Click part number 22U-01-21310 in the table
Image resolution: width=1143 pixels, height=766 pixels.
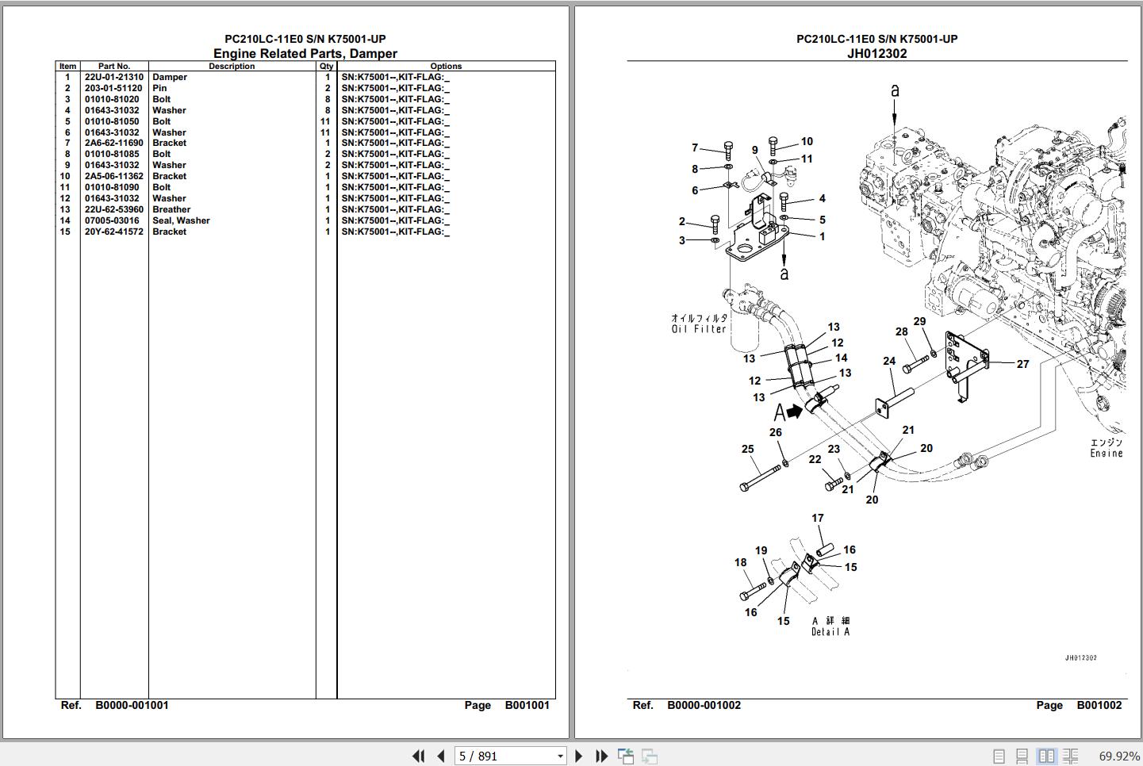point(113,77)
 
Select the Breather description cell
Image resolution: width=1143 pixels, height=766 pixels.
point(171,209)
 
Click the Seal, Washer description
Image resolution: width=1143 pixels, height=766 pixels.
point(181,220)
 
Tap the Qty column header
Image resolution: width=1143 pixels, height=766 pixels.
point(326,67)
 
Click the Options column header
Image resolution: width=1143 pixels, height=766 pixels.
point(446,67)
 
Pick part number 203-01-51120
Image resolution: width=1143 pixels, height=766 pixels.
point(113,88)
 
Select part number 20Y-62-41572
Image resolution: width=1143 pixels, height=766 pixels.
point(113,232)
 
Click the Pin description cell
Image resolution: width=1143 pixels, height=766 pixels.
point(159,88)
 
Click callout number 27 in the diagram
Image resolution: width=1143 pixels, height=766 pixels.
point(1022,364)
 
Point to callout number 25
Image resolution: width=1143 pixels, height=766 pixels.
point(747,450)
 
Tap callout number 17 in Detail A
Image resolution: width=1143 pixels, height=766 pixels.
point(818,518)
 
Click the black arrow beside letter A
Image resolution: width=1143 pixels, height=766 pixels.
point(795,411)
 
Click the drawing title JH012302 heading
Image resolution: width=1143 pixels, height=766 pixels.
point(877,54)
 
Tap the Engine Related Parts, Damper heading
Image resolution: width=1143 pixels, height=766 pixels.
point(305,54)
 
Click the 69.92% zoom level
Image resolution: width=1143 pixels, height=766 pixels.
point(1119,756)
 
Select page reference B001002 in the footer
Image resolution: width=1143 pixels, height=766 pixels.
point(1099,705)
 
